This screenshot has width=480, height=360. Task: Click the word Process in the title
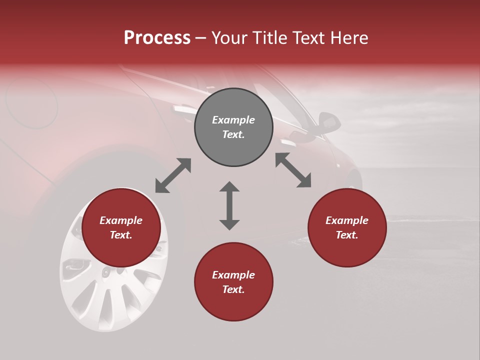coord(157,38)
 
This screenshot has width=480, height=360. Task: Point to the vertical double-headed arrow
coord(229,205)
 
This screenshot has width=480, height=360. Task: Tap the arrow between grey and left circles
coord(173,175)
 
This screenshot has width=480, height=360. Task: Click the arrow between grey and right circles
coord(293,170)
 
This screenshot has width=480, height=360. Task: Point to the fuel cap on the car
coord(31,102)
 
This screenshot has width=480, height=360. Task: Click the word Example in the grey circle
coord(233,120)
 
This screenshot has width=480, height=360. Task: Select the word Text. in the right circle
coord(347,235)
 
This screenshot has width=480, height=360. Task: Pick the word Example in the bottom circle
coord(233,275)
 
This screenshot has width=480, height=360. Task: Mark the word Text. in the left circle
coord(121,235)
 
